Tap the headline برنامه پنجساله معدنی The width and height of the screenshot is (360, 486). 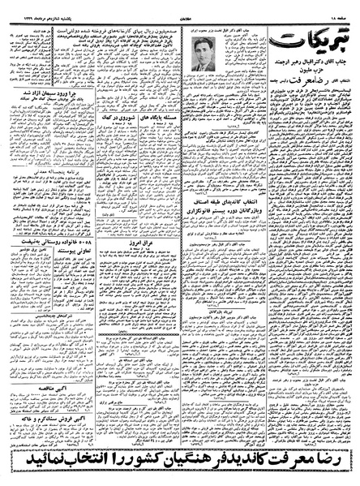point(36,197)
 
